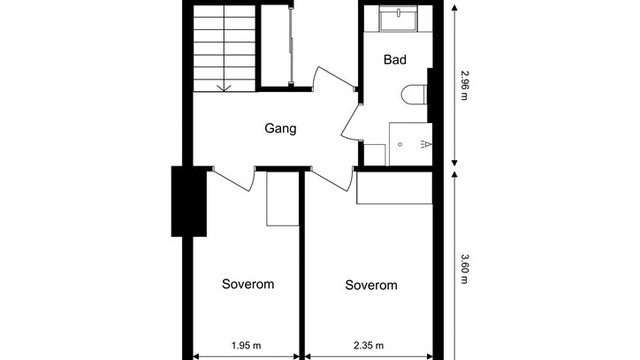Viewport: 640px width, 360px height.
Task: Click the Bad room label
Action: [395, 60]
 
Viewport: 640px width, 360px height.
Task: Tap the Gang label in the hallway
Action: [280, 128]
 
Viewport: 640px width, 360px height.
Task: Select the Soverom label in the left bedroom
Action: [248, 284]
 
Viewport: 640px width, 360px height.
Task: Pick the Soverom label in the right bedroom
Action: [371, 285]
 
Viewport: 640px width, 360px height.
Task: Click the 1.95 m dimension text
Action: [246, 345]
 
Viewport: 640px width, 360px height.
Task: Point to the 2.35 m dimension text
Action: [369, 345]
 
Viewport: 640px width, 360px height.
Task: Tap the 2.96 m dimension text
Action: [465, 85]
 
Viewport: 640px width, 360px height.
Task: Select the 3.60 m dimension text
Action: [465, 269]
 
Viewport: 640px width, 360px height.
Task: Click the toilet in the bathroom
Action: [414, 95]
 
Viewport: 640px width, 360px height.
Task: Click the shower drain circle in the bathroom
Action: [400, 144]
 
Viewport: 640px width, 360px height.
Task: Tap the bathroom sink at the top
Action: [398, 18]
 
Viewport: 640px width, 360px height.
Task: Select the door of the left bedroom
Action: [233, 179]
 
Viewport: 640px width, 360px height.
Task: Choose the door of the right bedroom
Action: [331, 179]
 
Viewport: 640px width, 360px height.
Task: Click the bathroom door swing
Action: [350, 122]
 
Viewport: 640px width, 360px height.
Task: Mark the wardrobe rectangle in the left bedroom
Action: [283, 198]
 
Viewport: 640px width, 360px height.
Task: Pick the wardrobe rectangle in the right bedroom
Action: [394, 188]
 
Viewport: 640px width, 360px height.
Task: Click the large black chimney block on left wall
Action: [189, 201]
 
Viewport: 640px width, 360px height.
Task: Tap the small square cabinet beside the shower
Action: [374, 155]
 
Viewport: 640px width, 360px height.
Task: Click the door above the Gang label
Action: [334, 78]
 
